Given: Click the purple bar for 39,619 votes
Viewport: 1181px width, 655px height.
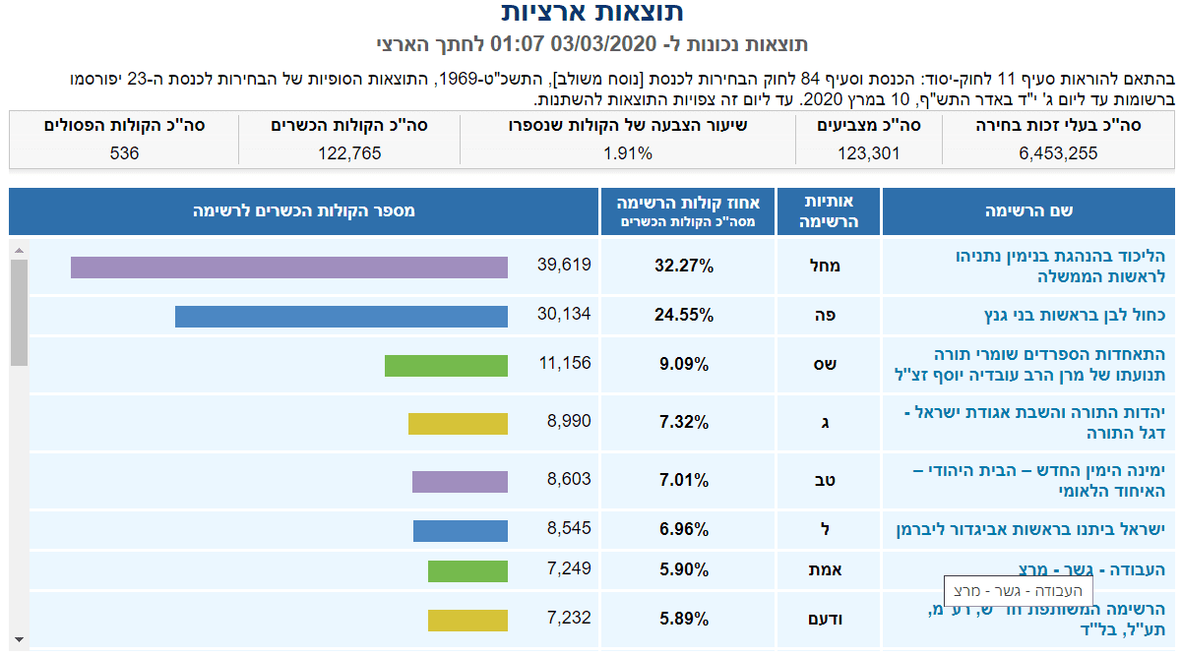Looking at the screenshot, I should tap(288, 268).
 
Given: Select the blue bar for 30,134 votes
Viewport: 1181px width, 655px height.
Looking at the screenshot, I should tap(341, 317).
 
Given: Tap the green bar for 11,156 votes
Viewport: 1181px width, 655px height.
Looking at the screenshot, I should tap(446, 366).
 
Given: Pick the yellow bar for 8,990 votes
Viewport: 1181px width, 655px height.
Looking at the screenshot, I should tap(458, 424).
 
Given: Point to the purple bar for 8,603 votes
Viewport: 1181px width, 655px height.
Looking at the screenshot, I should tap(460, 482).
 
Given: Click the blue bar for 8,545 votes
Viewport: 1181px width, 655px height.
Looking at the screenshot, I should tap(460, 531).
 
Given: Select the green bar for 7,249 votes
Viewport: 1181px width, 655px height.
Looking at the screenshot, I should tap(467, 571).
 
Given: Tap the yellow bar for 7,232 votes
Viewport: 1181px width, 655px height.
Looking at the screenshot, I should tap(467, 621).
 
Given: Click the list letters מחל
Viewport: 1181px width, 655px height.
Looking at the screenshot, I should tap(826, 266).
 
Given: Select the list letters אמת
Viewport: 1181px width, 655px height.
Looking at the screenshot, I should tap(826, 570).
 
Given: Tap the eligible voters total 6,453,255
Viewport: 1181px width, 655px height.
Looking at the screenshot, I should tap(1059, 153).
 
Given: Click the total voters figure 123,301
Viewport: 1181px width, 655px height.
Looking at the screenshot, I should tap(868, 153).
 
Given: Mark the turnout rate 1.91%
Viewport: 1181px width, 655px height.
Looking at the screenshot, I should tap(628, 153).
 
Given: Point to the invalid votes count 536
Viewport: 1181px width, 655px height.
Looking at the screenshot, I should tap(125, 153).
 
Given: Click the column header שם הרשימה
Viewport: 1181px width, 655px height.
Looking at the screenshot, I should tap(1028, 211).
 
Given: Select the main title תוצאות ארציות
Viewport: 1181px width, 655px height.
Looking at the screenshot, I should tap(591, 13).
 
